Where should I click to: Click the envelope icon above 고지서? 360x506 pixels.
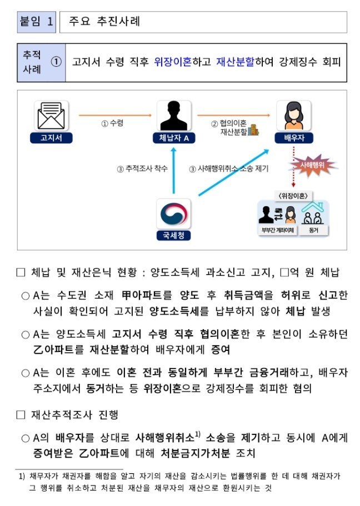click(x=51, y=116)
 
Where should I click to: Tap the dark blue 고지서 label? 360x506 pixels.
click(x=51, y=138)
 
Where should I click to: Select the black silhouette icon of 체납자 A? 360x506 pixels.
click(x=174, y=116)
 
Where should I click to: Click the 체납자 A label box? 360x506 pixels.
click(x=174, y=138)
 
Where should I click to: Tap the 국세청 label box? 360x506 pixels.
click(x=173, y=236)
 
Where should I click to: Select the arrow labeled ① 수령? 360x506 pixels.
click(x=114, y=116)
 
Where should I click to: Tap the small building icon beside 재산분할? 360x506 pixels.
click(x=253, y=131)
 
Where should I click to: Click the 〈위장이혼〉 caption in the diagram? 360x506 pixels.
click(x=293, y=196)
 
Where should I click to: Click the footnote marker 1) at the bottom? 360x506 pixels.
click(x=22, y=476)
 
